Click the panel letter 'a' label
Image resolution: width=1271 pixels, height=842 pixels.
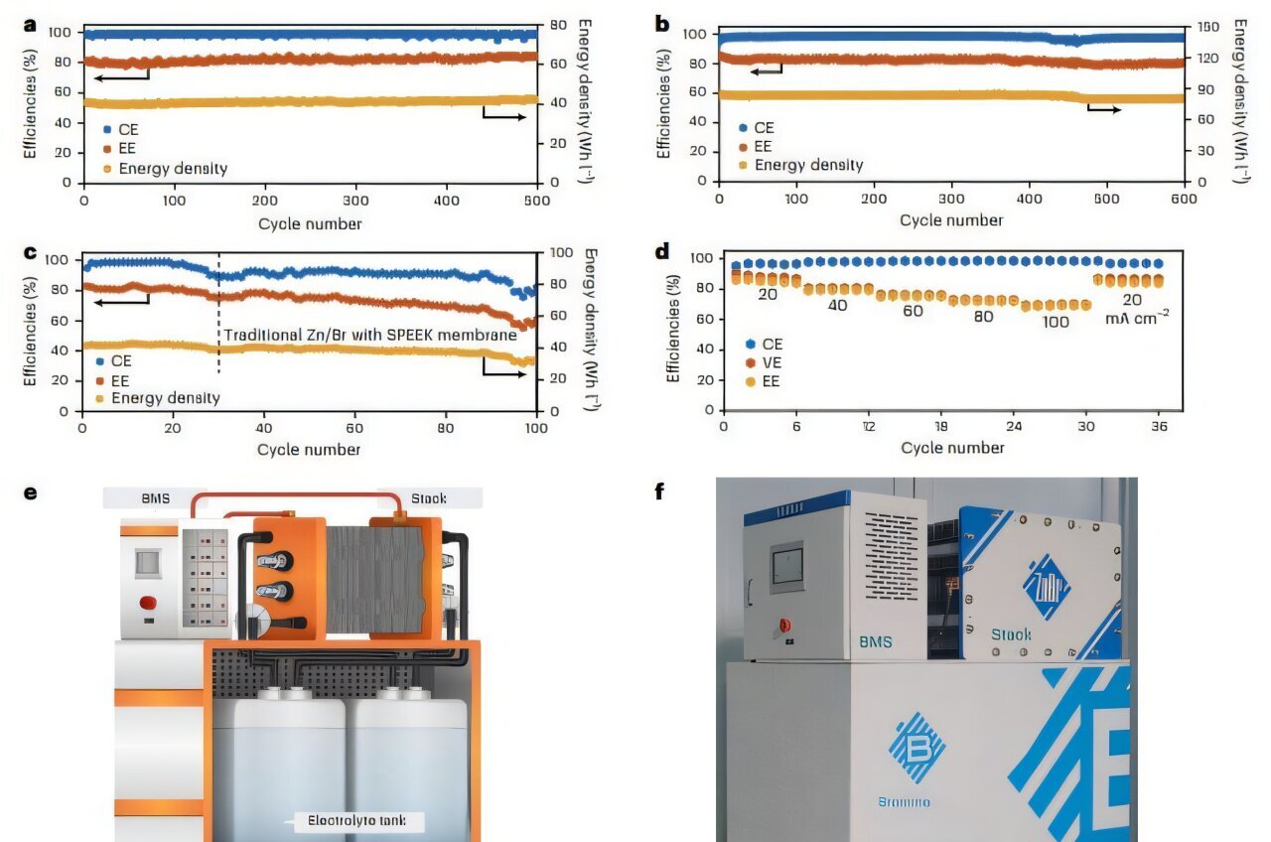(30, 25)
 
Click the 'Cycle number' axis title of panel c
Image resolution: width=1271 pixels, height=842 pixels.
(309, 450)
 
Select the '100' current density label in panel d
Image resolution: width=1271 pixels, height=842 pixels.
(1056, 322)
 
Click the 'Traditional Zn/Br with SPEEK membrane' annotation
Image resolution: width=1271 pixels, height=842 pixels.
(370, 336)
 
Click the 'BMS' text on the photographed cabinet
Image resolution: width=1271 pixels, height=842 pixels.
(876, 642)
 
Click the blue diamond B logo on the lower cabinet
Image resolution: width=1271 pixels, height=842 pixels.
(917, 747)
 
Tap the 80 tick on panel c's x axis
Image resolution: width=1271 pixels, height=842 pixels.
(445, 428)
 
